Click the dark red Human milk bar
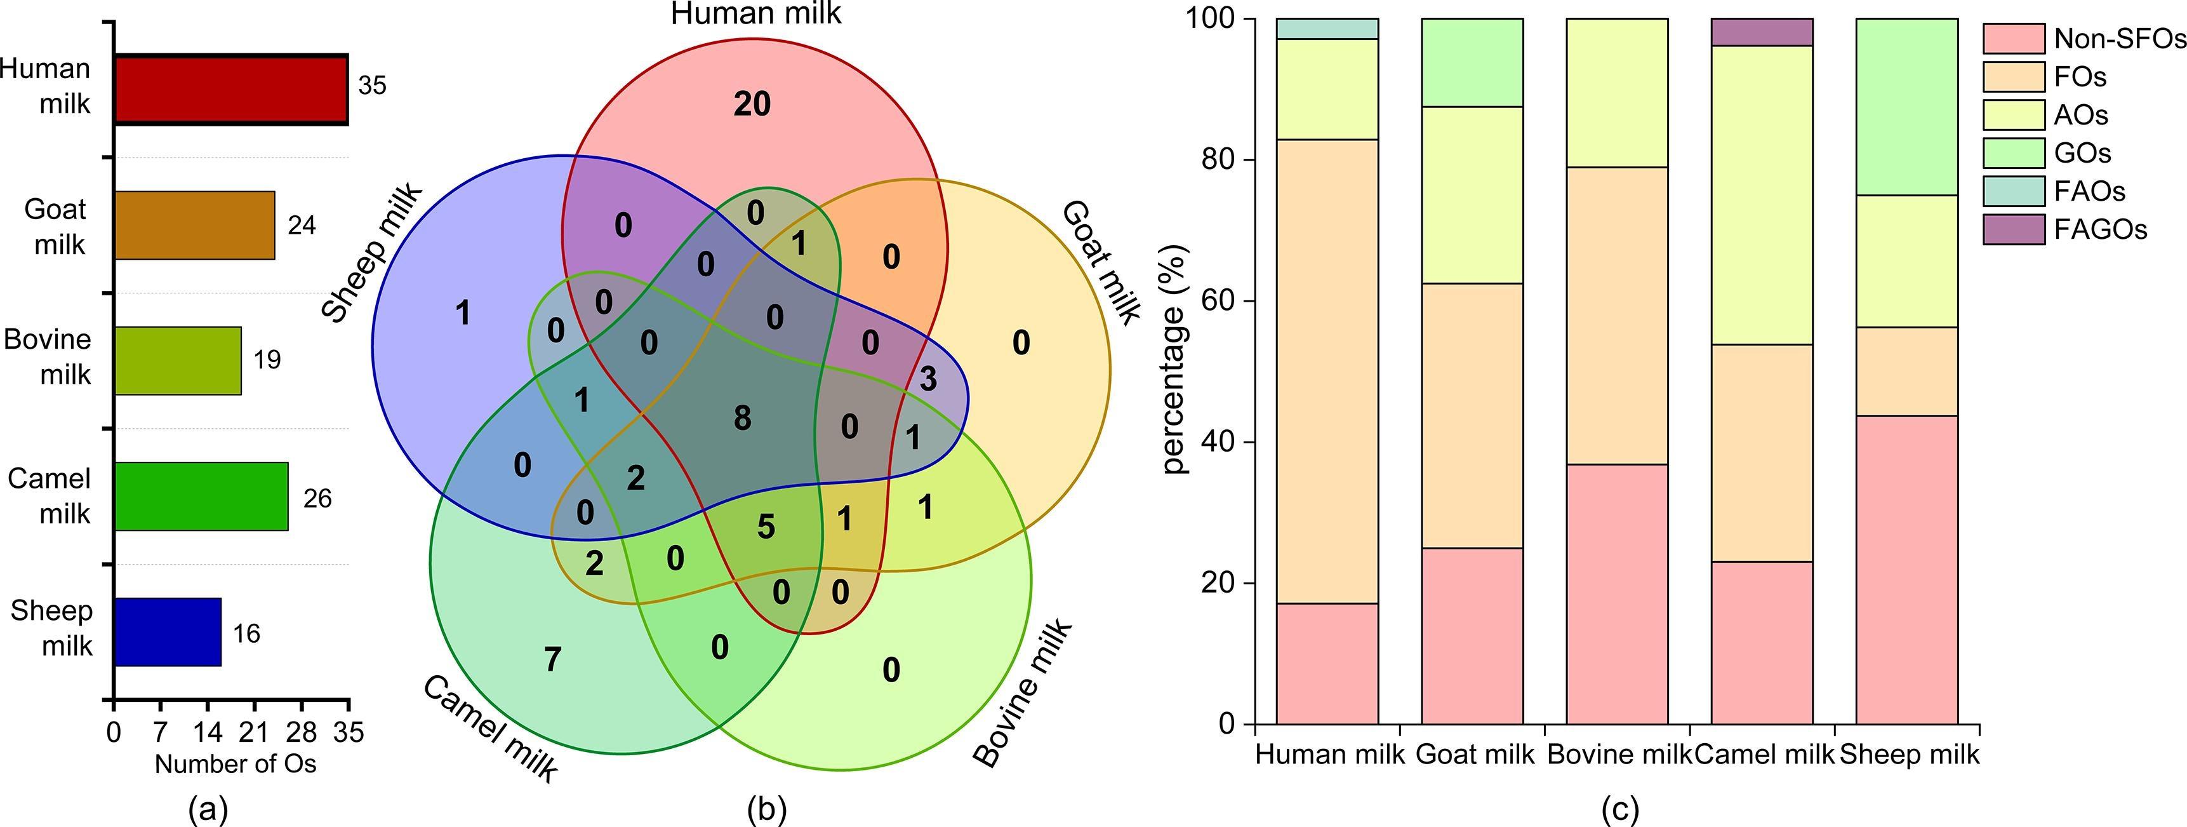click(231, 90)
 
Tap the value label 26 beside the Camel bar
click(317, 499)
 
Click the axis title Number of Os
click(235, 764)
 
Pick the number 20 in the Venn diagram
click(752, 104)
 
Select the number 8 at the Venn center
click(742, 418)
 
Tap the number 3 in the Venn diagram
click(928, 379)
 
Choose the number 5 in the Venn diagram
click(766, 527)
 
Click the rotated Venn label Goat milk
click(1100, 262)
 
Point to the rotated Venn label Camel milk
click(490, 728)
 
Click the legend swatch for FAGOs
click(2013, 229)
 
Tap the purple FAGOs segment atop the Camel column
click(1762, 31)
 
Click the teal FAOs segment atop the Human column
click(1327, 28)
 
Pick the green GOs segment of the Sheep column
click(1907, 106)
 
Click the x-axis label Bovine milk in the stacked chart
click(1619, 754)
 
